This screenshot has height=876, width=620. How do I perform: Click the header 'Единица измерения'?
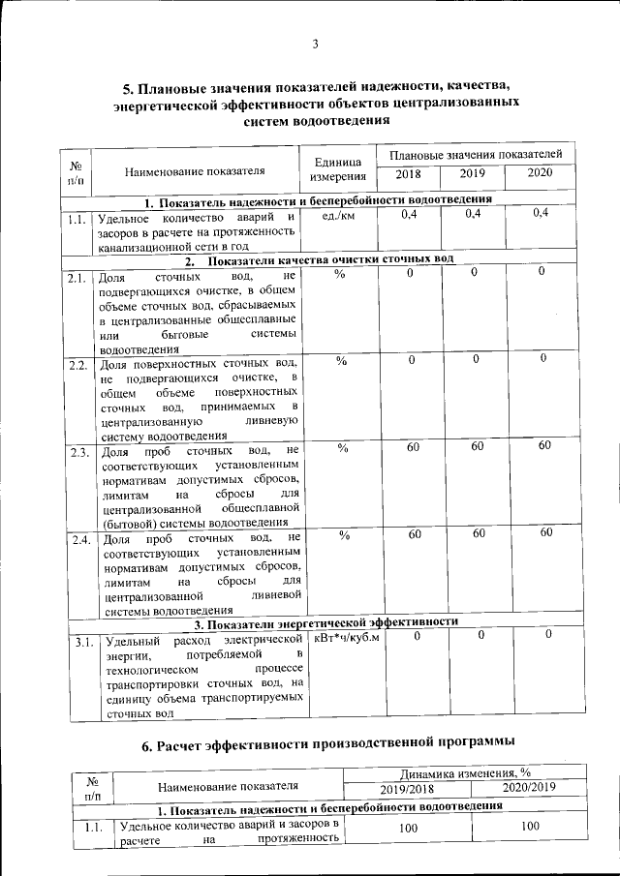pyautogui.click(x=337, y=168)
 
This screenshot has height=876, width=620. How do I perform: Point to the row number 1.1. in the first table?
pyautogui.click(x=78, y=219)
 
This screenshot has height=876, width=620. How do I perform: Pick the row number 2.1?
pyautogui.click(x=77, y=280)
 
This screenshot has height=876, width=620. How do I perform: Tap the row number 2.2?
pyautogui.click(x=78, y=366)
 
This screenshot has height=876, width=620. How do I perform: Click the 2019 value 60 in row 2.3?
pyautogui.click(x=478, y=446)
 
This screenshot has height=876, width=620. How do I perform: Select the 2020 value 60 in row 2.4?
pyautogui.click(x=546, y=533)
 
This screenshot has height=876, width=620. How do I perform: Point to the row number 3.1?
pyautogui.click(x=83, y=642)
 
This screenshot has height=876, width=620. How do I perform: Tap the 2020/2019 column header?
pyautogui.click(x=529, y=788)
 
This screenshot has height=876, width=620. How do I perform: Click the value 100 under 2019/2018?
pyautogui.click(x=409, y=829)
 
